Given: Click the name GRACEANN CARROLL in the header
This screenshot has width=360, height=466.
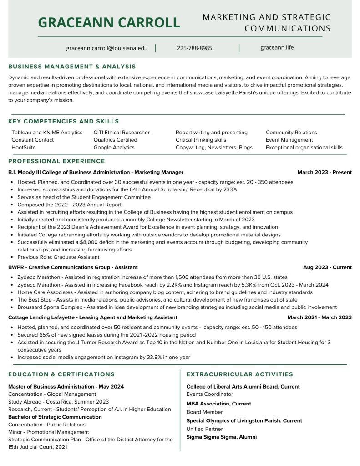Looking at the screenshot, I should point(109,22).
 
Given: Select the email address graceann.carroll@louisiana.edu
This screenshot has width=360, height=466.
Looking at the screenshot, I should point(107,48).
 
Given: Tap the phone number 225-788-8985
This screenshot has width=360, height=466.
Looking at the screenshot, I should point(194,48).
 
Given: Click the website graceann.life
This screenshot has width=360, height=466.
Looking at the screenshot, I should point(277,47).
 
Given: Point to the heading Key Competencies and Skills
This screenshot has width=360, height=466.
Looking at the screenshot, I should point(63,121).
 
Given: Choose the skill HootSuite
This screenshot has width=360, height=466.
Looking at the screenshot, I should point(24,148).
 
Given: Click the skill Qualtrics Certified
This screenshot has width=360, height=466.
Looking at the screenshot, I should point(115,140).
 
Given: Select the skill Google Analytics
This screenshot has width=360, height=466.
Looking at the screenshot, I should point(114,148).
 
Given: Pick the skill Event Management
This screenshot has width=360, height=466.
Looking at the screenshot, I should point(289,140).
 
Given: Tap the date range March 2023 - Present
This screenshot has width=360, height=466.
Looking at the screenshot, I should point(325,172).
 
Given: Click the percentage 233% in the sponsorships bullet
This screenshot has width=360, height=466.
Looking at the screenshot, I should point(229,189).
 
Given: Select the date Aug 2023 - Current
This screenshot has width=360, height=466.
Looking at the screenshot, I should point(327,267).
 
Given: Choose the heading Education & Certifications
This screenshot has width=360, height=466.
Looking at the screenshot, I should point(61,374).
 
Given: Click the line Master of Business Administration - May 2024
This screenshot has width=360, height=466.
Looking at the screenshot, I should point(66,387).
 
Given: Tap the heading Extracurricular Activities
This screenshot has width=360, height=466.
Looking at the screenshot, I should point(240,374).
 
